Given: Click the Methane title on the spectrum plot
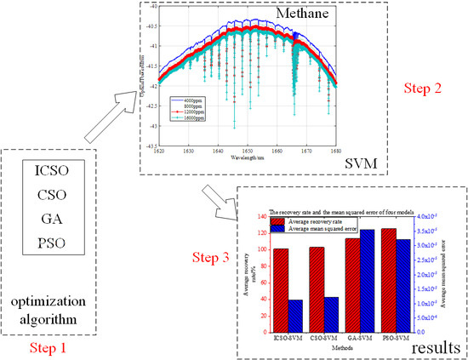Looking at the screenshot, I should click(297, 13).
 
